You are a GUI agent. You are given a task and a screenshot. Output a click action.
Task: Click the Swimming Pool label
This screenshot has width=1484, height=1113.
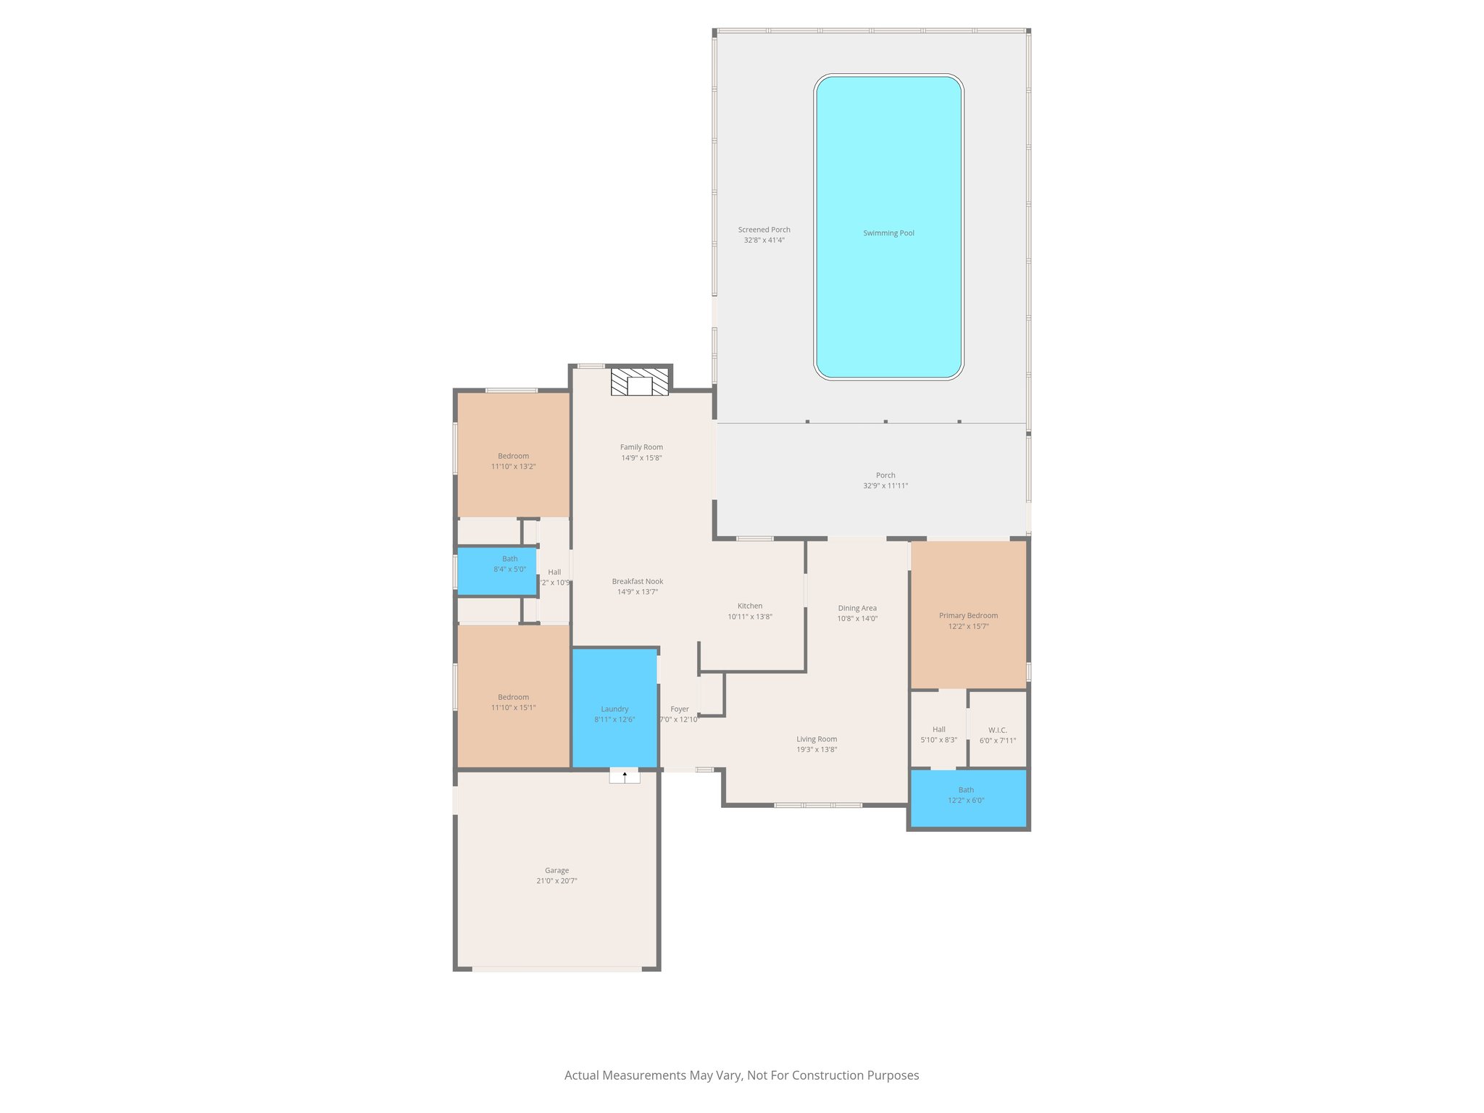point(888,233)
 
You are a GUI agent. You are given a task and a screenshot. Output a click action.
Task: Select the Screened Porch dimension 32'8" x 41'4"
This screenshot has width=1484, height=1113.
point(764,240)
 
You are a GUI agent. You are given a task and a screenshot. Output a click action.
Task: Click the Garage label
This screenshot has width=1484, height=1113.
point(556,870)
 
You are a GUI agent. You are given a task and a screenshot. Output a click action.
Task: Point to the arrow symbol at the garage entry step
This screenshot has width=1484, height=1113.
point(625,775)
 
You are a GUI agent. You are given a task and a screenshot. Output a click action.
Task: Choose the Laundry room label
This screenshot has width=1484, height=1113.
point(614,709)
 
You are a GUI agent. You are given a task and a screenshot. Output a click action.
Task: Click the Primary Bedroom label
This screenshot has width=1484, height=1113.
point(968,615)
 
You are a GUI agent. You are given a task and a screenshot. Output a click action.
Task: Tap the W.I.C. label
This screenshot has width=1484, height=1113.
point(997,730)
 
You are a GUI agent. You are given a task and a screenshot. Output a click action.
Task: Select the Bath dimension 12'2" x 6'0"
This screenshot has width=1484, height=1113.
point(966,800)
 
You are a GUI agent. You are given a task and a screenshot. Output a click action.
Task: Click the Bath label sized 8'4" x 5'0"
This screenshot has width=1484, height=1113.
point(509,559)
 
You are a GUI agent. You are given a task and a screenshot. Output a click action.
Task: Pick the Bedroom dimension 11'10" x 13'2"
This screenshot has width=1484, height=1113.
point(513,467)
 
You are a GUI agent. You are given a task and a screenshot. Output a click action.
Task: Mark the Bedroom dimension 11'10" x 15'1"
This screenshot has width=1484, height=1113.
point(513,707)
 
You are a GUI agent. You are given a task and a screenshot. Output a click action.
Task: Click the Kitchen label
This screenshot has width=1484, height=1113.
point(750,606)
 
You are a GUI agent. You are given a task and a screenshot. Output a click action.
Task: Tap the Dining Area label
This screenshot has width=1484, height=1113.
point(857,608)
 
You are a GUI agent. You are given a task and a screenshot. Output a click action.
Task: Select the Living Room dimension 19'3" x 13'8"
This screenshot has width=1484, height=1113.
point(817,749)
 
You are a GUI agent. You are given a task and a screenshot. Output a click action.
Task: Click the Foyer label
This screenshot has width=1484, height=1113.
point(679,709)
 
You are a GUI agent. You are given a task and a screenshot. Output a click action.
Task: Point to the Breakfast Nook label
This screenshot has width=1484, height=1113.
point(637,581)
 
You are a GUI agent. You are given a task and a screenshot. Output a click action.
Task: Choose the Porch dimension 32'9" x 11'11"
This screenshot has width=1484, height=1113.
point(885,485)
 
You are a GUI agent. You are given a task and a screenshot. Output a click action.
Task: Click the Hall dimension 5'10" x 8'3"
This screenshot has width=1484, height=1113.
point(938,740)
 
